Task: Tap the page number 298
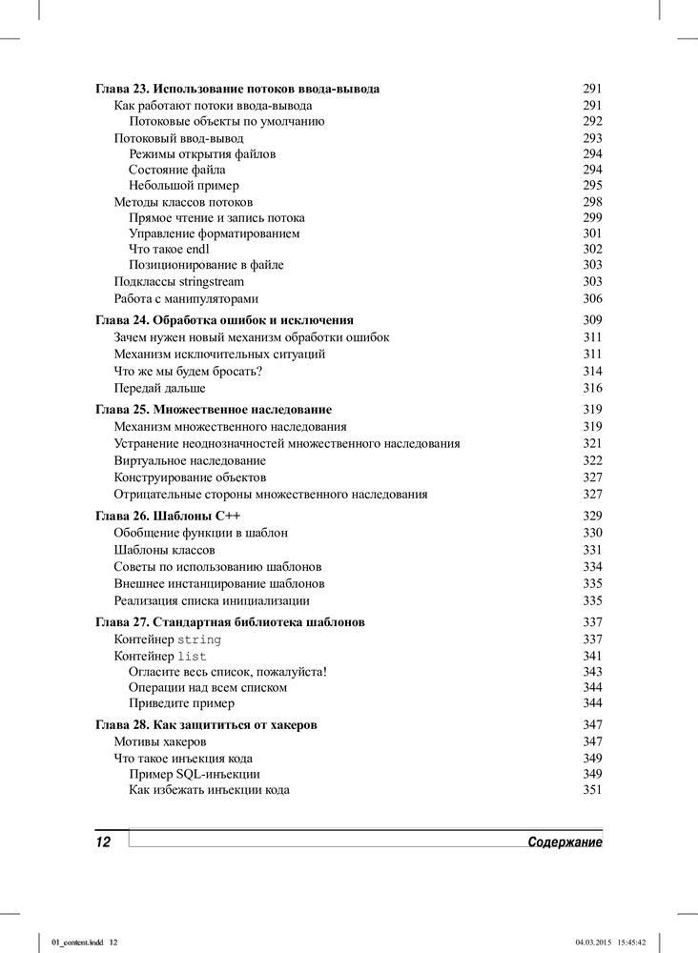(592, 202)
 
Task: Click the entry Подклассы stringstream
(179, 282)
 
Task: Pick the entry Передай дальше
(159, 388)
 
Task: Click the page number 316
(592, 388)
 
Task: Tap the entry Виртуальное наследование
(190, 460)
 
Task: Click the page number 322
(592, 460)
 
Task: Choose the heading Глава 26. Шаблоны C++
(167, 516)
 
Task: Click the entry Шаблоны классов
(164, 550)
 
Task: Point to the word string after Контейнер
(199, 639)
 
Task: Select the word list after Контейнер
(192, 657)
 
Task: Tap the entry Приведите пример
(181, 703)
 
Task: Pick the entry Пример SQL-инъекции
(195, 774)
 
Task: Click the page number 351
(592, 790)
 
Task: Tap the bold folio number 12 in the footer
(103, 842)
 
